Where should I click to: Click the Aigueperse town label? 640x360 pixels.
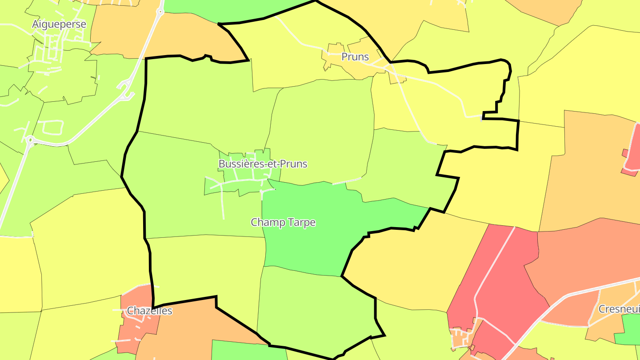[x=59, y=24]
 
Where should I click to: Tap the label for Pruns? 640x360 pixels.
[x=355, y=57]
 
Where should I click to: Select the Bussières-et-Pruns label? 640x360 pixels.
[x=263, y=164]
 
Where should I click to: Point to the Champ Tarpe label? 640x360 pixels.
[x=283, y=222]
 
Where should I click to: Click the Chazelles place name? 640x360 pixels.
[x=149, y=311]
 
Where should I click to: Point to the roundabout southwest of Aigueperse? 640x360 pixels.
[x=30, y=141]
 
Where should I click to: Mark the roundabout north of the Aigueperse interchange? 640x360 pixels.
[x=160, y=12]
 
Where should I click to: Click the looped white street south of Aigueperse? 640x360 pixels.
[x=52, y=127]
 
